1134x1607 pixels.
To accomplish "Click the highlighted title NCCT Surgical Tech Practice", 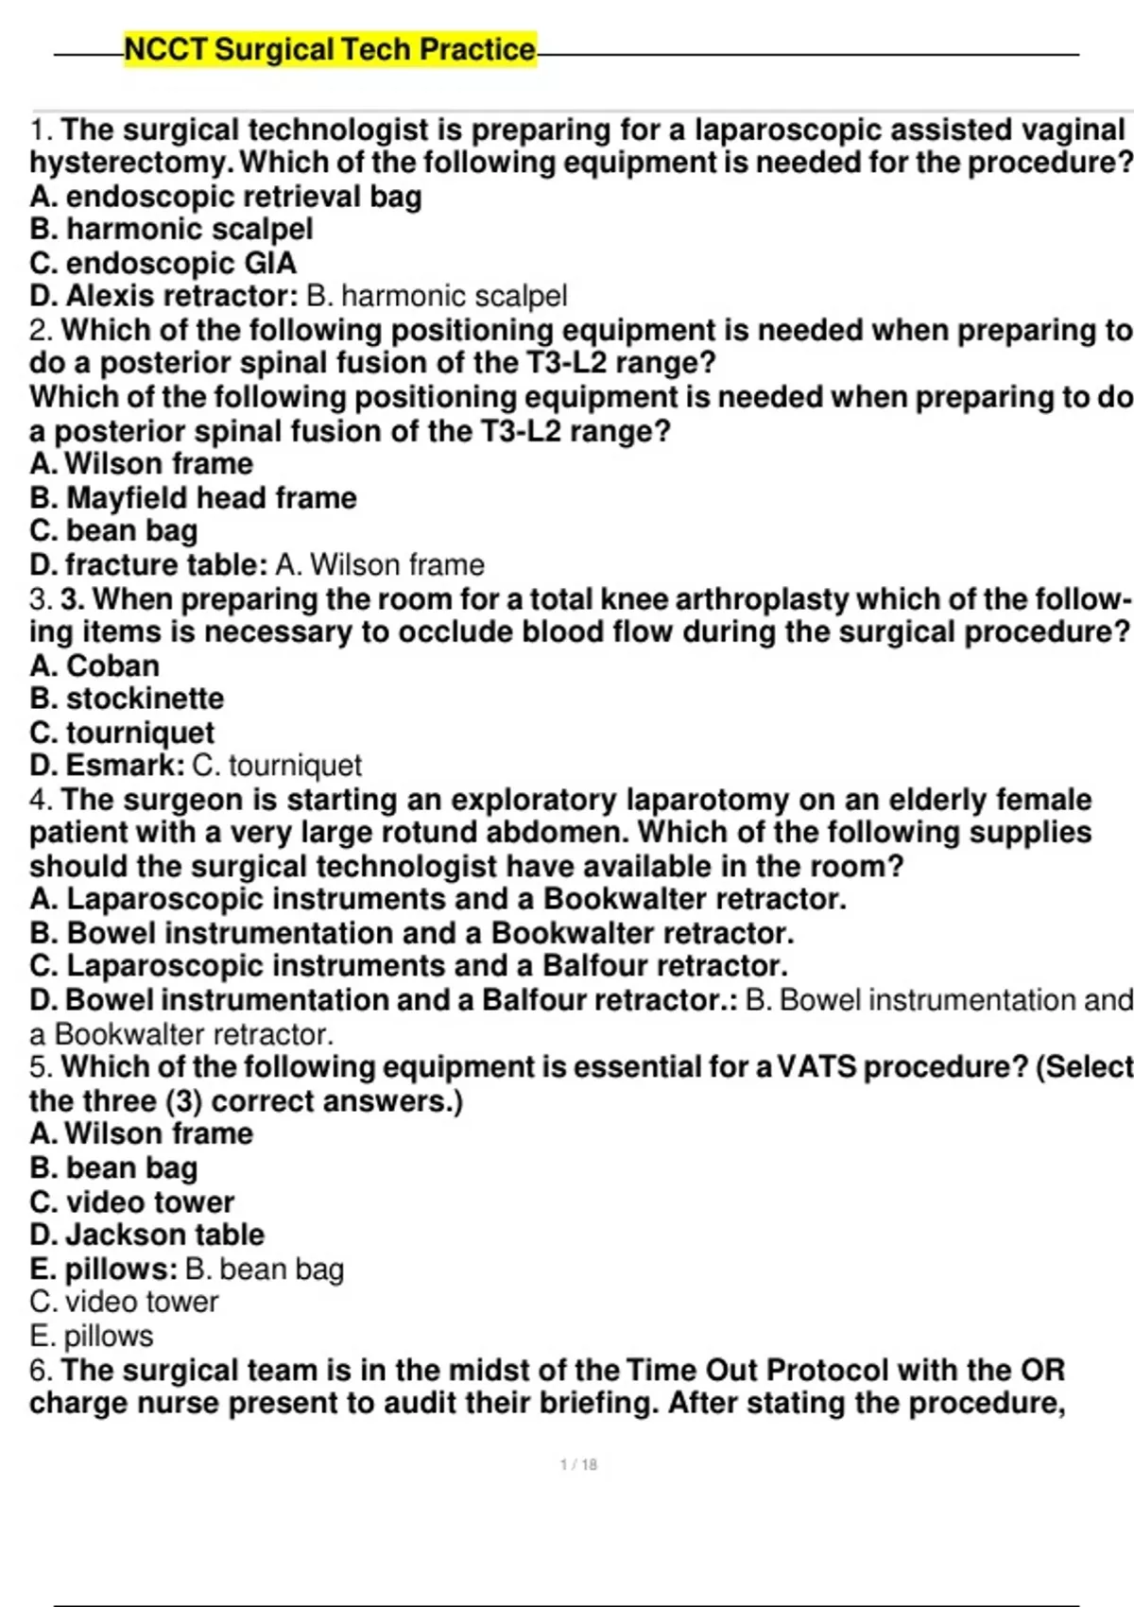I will [330, 49].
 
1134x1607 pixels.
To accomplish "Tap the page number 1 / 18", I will [578, 1464].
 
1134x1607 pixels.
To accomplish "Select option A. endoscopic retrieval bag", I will [226, 197].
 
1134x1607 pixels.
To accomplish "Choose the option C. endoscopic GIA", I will [163, 263].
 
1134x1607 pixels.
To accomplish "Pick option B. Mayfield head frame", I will [194, 498].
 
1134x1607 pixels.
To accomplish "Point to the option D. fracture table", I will [147, 565].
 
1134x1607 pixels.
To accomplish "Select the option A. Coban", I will [94, 665].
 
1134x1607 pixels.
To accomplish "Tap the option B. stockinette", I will [127, 700].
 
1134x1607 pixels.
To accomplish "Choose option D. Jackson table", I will [147, 1235].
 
